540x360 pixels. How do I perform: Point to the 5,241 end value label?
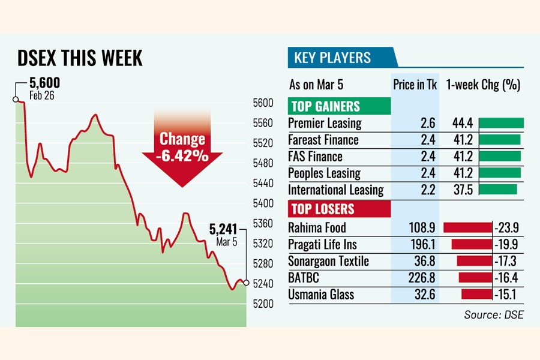223,229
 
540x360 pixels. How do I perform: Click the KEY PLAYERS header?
332,58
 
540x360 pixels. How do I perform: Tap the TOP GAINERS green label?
325,107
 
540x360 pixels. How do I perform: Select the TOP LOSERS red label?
322,209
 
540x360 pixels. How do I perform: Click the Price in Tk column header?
415,85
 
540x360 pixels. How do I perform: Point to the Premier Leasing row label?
325,124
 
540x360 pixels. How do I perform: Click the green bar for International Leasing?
498,190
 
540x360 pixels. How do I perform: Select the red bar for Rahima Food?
467,227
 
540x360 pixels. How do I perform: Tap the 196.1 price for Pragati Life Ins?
423,244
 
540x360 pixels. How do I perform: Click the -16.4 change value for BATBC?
506,278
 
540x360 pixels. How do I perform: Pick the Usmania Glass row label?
321,295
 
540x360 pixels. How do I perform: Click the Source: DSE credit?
493,314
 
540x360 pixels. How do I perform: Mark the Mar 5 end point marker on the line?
246,283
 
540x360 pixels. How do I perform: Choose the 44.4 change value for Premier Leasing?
463,123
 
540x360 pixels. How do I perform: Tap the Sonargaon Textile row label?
328,261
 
